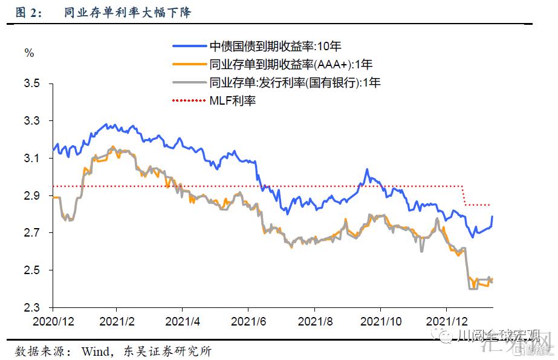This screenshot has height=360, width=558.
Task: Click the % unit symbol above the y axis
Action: click(x=29, y=53)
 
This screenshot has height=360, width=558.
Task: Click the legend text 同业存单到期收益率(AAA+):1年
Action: click(x=291, y=64)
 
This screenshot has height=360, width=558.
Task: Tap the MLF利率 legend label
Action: click(x=233, y=100)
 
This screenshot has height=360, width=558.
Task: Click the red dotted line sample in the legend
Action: click(x=189, y=100)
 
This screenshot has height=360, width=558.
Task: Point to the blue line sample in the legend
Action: click(x=189, y=46)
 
